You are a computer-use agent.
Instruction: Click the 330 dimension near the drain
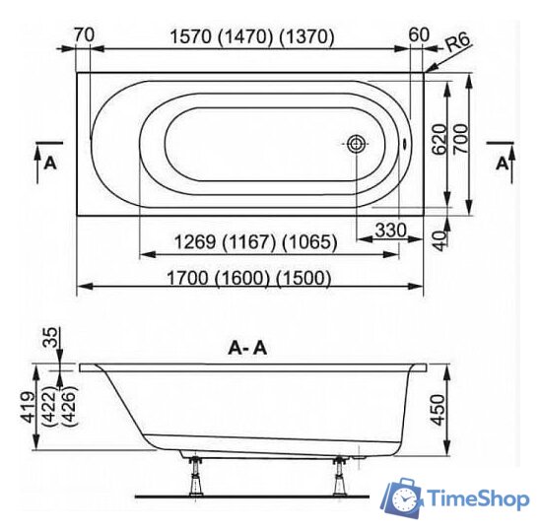pos(390,230)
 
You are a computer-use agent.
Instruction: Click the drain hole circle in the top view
pos(355,144)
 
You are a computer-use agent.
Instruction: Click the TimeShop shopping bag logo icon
pos(404,499)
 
